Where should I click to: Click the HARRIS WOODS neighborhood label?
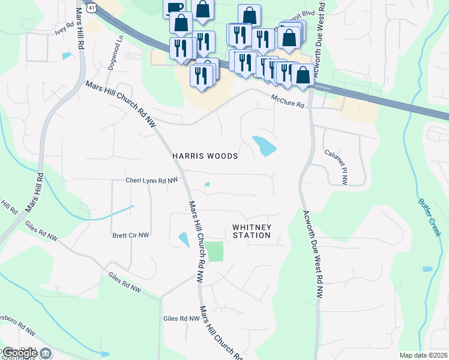[205, 156]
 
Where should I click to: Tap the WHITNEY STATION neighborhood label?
[252, 231]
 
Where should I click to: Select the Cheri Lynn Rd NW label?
[152, 180]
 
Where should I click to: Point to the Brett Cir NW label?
[130, 236]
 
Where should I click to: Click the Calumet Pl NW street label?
[336, 167]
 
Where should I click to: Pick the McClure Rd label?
[288, 101]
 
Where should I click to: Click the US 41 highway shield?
[91, 6]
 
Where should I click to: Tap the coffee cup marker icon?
[175, 7]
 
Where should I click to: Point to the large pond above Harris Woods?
[264, 146]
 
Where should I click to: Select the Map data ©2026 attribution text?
[423, 355]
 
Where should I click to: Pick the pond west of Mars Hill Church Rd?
[184, 239]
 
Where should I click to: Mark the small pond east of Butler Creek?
[427, 269]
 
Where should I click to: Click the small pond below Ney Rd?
[66, 56]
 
